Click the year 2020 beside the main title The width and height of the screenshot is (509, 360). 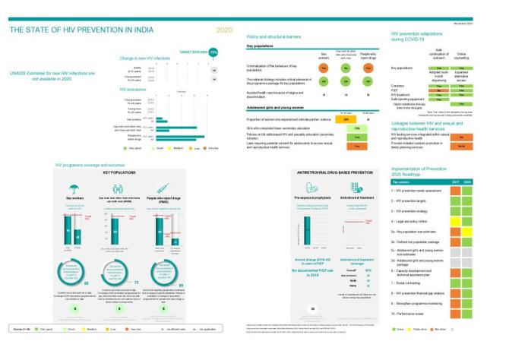(225, 30)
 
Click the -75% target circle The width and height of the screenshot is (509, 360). (213, 52)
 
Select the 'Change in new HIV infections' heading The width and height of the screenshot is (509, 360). (149, 58)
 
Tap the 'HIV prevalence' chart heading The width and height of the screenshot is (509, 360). (134, 90)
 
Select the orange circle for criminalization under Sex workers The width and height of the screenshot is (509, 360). (324, 68)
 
